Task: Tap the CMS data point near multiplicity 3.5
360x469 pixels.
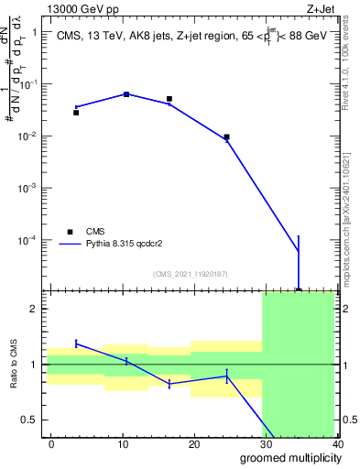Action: [x=76, y=113]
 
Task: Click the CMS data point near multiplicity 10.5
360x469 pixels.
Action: [x=126, y=94]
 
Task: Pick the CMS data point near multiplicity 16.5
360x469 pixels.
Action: [x=169, y=99]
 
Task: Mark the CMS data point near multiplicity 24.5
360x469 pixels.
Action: [x=226, y=137]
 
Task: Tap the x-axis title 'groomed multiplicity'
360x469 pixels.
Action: [x=288, y=458]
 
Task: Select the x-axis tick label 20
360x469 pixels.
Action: [x=194, y=444]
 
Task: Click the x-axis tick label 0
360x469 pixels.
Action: [x=51, y=444]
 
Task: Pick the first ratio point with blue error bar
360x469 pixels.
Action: [x=76, y=344]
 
